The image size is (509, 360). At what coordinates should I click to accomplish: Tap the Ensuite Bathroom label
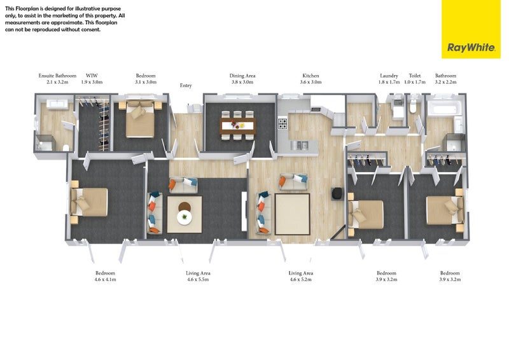click(x=57, y=76)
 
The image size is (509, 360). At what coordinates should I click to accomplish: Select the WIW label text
click(x=92, y=76)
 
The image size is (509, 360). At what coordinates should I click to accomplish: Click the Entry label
click(x=186, y=85)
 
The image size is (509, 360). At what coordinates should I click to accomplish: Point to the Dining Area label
click(x=242, y=76)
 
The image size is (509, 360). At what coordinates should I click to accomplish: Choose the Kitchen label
click(x=310, y=76)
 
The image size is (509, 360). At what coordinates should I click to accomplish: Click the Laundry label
click(x=389, y=76)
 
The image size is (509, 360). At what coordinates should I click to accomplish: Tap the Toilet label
click(x=415, y=76)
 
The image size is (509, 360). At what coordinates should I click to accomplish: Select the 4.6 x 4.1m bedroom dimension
click(x=105, y=279)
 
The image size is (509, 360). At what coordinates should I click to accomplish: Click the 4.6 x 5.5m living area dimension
click(x=198, y=279)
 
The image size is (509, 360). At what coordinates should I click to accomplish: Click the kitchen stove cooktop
click(x=282, y=123)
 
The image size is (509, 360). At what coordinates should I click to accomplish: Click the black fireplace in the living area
click(x=337, y=193)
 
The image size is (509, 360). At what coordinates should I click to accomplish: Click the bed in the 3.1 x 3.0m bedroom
click(x=140, y=119)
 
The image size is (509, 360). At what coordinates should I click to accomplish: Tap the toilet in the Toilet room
click(x=413, y=107)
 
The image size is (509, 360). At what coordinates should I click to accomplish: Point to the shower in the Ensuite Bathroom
click(x=44, y=143)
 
